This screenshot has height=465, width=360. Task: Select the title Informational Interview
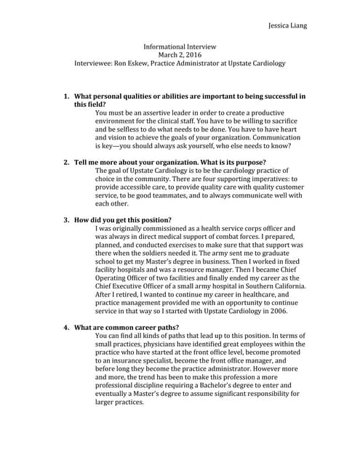click(x=180, y=45)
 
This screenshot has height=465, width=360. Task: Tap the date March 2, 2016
click(x=180, y=54)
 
